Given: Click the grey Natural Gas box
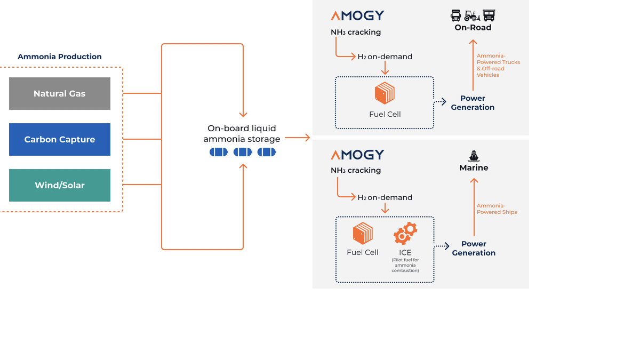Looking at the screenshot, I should click(x=60, y=93).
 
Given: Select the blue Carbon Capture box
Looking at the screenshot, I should click(x=60, y=139).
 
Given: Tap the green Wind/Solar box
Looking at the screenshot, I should click(x=60, y=185).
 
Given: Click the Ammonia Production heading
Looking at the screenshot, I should click(x=59, y=57).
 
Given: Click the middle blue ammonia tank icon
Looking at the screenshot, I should click(x=243, y=152).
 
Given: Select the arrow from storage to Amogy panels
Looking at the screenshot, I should click(x=297, y=138).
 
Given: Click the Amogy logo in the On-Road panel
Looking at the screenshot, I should click(x=357, y=15).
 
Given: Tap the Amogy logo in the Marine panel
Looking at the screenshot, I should click(x=357, y=155).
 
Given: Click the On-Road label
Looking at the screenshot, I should click(x=473, y=28).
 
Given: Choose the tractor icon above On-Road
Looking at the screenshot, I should click(x=473, y=15).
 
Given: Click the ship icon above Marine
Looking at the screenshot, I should click(x=474, y=156).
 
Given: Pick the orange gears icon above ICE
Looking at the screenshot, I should click(x=405, y=233).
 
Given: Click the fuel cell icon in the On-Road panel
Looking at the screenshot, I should click(x=385, y=93).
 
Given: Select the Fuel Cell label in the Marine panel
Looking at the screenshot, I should click(x=363, y=252).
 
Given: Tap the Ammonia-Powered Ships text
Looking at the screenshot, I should click(x=497, y=209).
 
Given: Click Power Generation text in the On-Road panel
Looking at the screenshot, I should click(x=473, y=102).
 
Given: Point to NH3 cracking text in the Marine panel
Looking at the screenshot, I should click(x=356, y=170).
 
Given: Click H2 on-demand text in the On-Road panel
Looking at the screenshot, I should click(x=385, y=57).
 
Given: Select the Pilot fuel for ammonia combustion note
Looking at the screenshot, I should click(x=405, y=265).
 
